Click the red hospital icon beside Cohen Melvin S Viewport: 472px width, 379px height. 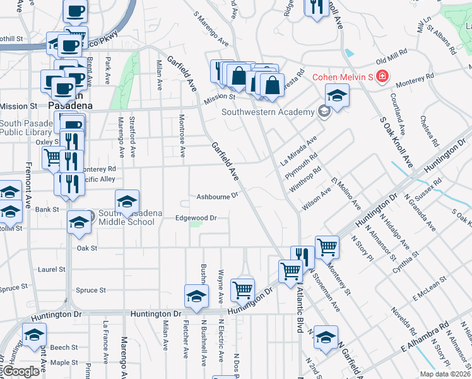tap(382, 78)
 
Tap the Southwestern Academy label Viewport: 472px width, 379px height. tap(268, 112)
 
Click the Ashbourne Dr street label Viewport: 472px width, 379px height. tap(216, 196)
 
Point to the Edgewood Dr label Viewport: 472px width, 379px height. tap(196, 218)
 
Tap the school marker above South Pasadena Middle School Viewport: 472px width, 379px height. tap(127, 201)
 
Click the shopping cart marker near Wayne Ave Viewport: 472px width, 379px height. tap(242, 290)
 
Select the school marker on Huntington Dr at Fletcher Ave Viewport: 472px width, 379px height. tap(196, 296)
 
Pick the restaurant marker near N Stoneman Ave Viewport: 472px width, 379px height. tap(302, 256)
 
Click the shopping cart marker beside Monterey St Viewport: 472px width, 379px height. tap(327, 246)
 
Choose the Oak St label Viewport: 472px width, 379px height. tap(86, 248)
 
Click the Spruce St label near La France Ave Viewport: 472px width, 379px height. tap(91, 290)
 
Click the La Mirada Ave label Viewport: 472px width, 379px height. tap(298, 152)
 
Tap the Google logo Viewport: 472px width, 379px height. tap(21, 371)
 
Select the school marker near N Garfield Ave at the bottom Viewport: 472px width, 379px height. tap(326, 337)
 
